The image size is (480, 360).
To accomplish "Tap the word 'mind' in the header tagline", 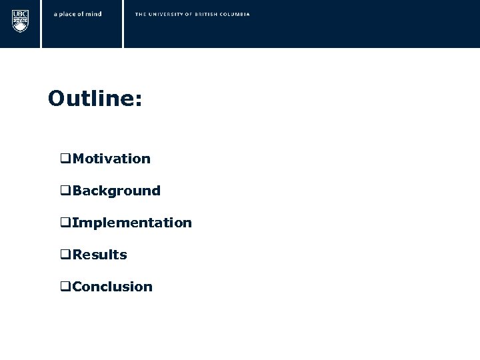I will coord(94,14).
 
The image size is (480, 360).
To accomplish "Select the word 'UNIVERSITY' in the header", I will coord(167,14).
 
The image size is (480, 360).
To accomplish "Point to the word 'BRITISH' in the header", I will coord(209,14).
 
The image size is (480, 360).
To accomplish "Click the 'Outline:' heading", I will coord(95,99).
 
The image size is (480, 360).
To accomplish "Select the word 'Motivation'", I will coord(111,159).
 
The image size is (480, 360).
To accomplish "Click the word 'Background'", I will coord(117,191).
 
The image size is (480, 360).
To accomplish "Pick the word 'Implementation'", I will coord(132,223).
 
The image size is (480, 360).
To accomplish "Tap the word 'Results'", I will coord(100,255).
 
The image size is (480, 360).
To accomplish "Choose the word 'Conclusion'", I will coord(113,287).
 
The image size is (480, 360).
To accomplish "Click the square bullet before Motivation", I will coord(65,159).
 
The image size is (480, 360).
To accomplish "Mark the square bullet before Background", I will coord(65,191).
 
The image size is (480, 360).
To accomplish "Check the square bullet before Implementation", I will coord(65,223).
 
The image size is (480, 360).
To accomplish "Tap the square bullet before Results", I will coord(65,255).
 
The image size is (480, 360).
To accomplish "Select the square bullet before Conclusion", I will coord(65,287).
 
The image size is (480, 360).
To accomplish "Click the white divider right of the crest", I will coord(41,24).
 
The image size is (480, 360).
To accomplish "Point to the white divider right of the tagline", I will coord(123,24).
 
